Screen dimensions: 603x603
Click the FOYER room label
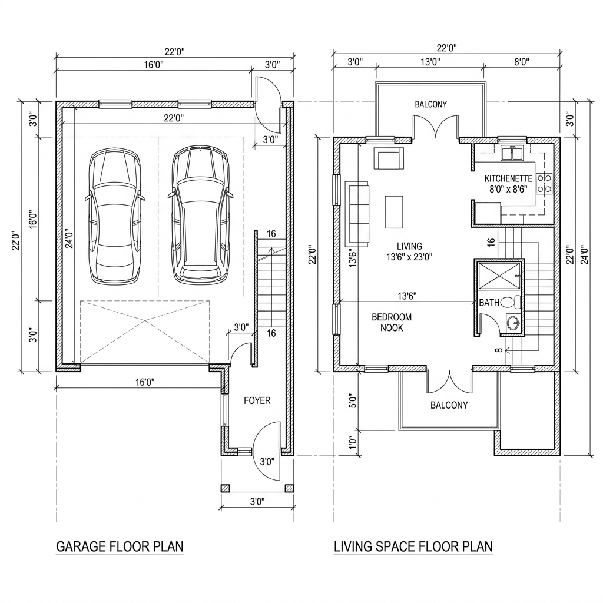pos(257,400)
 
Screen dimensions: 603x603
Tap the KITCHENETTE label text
pos(508,179)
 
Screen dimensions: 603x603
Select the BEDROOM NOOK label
pos(392,323)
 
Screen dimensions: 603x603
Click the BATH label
pos(489,303)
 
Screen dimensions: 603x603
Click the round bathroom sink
pos(513,323)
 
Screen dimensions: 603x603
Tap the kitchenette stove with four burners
pos(545,184)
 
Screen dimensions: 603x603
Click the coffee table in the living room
pos(394,212)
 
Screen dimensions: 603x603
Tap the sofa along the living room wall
pos(357,214)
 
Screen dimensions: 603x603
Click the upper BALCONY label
pos(430,104)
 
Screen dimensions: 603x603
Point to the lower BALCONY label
pos(449,405)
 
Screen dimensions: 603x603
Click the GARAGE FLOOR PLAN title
pos(120,546)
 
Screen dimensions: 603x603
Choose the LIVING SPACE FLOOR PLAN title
pos(413,546)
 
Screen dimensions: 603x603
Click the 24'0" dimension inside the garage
pos(69,238)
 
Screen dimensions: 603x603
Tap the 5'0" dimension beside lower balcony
pos(353,400)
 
